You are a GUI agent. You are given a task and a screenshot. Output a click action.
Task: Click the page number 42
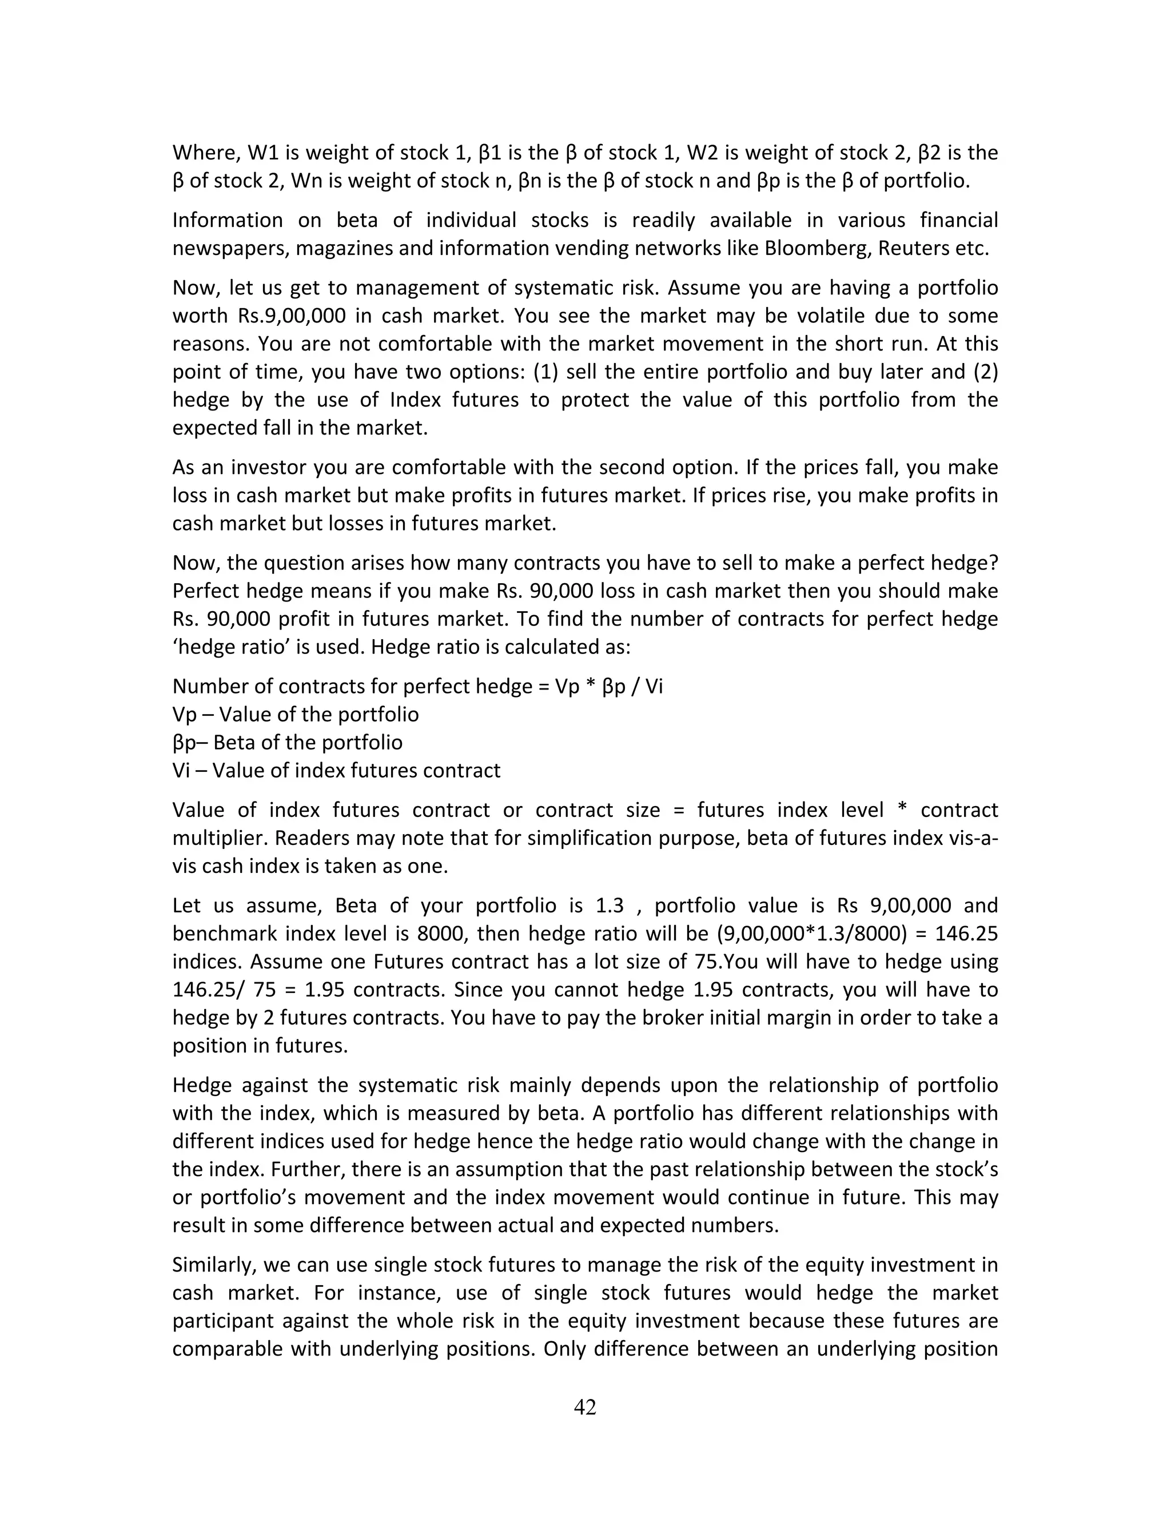coord(585,1407)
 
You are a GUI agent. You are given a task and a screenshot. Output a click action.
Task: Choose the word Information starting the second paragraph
coord(228,220)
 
